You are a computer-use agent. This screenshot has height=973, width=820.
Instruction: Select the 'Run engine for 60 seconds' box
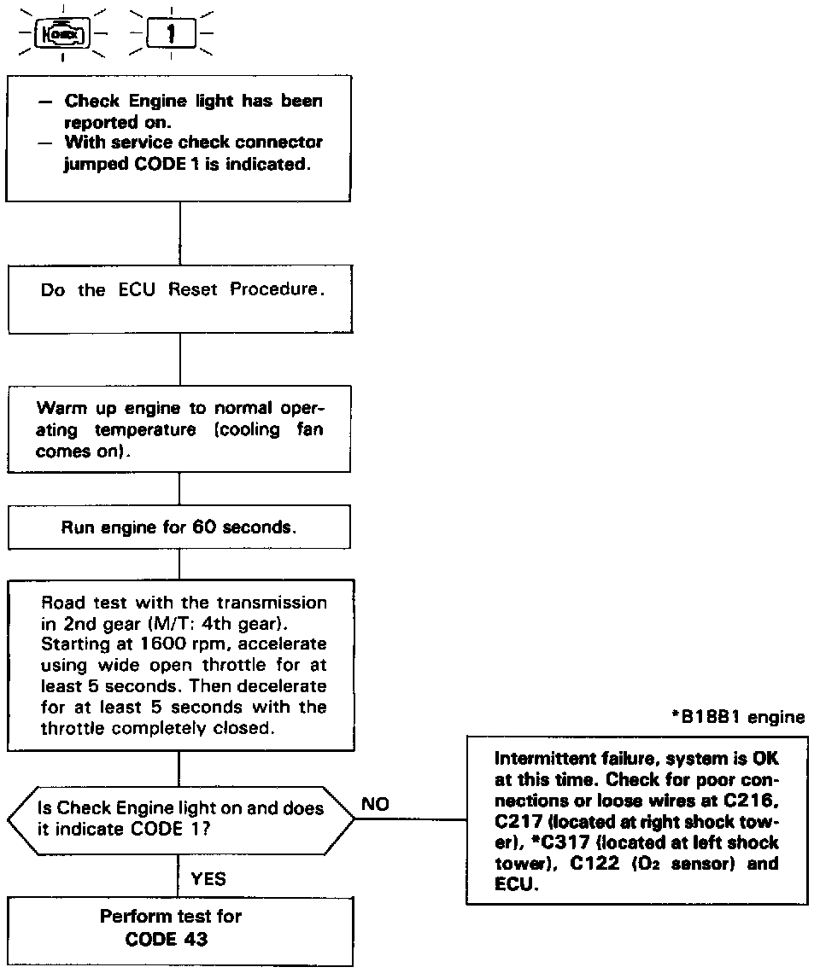click(x=179, y=527)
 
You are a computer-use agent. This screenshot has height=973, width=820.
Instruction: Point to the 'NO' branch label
click(x=376, y=804)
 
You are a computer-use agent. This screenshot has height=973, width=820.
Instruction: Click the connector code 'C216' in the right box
click(x=752, y=801)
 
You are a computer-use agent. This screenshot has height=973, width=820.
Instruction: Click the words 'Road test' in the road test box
click(x=80, y=602)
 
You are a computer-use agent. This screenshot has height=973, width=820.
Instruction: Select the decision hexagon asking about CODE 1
click(x=179, y=819)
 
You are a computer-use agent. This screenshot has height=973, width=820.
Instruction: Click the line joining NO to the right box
click(x=410, y=819)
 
